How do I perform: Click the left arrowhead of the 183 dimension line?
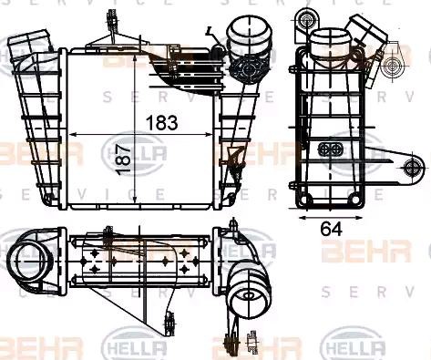point(74,134)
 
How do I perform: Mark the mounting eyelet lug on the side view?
point(412,167)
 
